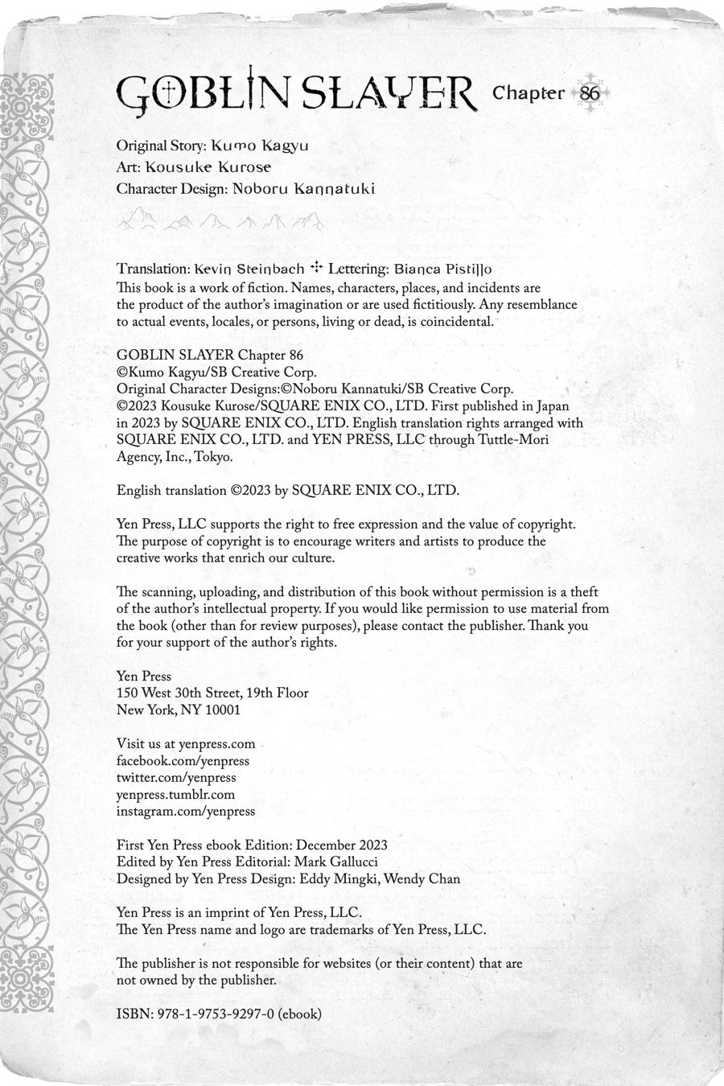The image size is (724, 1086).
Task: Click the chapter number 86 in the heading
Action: click(x=589, y=93)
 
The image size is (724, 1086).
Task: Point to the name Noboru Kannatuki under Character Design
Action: click(x=303, y=189)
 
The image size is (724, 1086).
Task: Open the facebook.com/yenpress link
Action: click(x=183, y=761)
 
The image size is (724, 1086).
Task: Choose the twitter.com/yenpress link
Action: click(x=176, y=778)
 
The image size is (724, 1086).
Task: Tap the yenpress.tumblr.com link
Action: click(x=175, y=795)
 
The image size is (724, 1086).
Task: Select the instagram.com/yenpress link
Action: click(x=186, y=812)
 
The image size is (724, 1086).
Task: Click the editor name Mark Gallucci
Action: click(x=337, y=862)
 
